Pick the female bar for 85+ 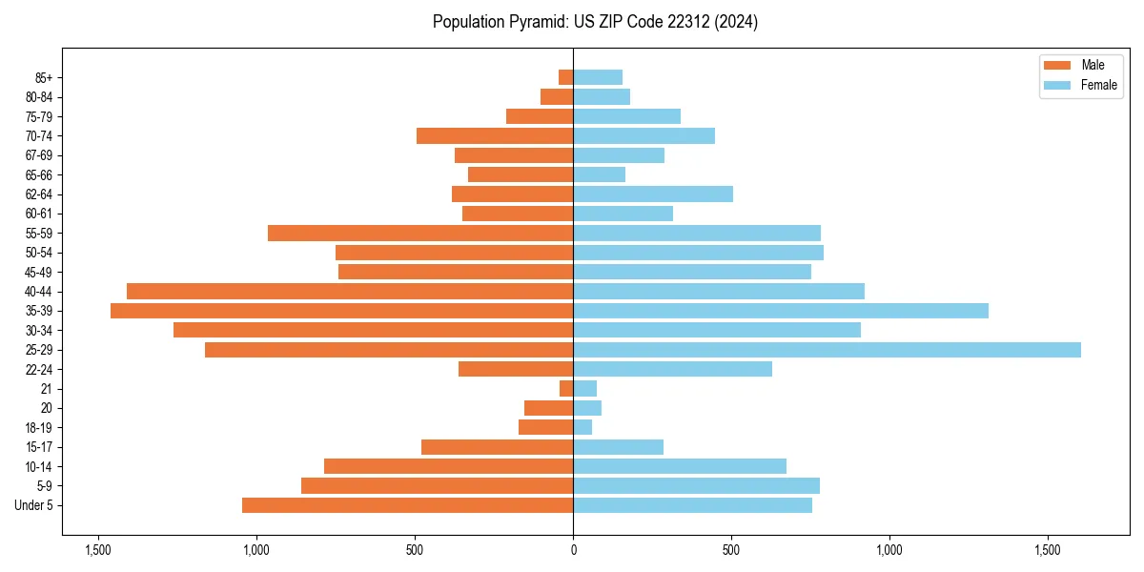pos(598,77)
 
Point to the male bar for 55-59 pos(420,233)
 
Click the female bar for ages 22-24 pos(672,369)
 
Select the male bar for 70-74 pos(495,135)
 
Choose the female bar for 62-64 pos(653,194)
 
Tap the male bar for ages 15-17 pos(497,447)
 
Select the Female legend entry pos(1080,85)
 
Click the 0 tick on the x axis pos(573,550)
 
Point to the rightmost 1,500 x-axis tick pos(1048,550)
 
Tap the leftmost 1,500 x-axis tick pos(98,550)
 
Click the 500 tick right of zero pos(731,550)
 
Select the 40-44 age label pos(40,292)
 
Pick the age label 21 pos(47,389)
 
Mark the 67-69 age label pos(40,155)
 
